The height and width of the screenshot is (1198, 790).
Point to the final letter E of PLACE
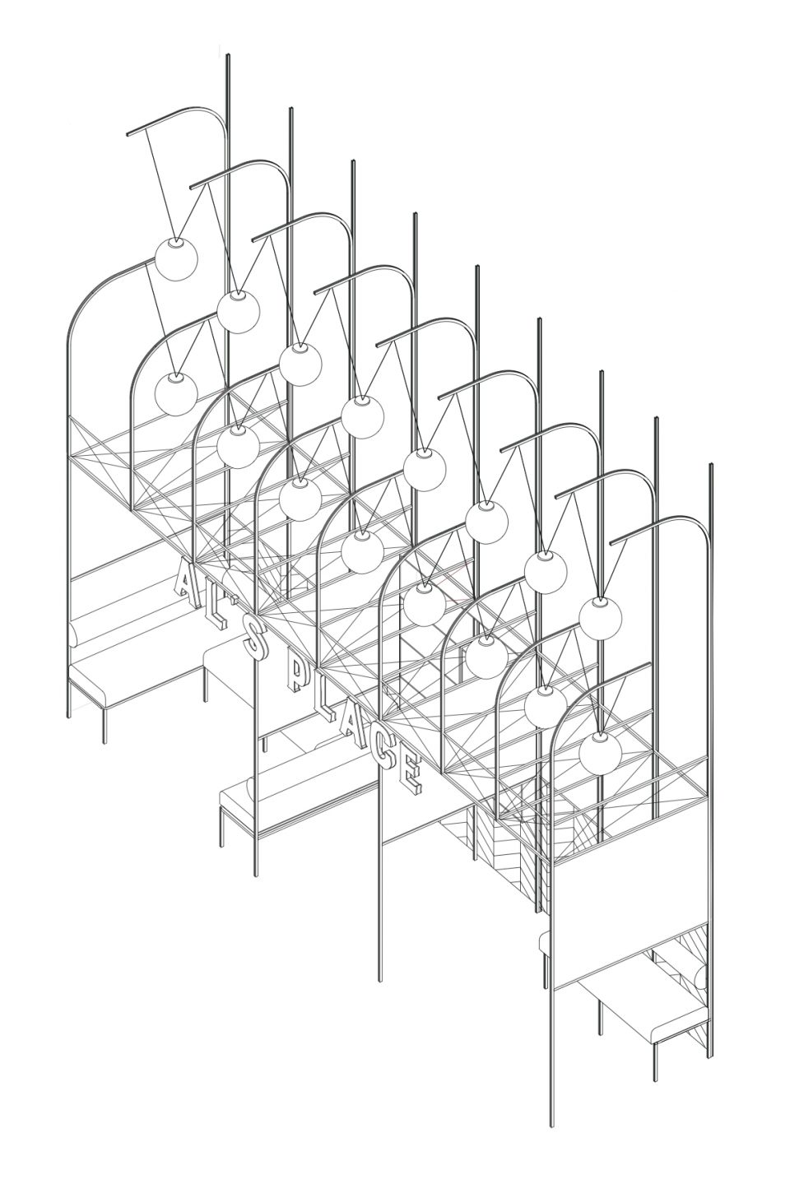pyautogui.click(x=411, y=774)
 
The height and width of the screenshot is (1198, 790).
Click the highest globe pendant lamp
pyautogui.click(x=176, y=258)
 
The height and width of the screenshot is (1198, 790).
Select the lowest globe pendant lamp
pyautogui.click(x=600, y=753)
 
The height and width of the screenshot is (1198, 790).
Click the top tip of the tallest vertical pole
pyautogui.click(x=228, y=54)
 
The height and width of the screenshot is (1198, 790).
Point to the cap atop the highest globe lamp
pyautogui.click(x=176, y=242)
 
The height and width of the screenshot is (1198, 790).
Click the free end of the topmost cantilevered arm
pyautogui.click(x=128, y=132)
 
